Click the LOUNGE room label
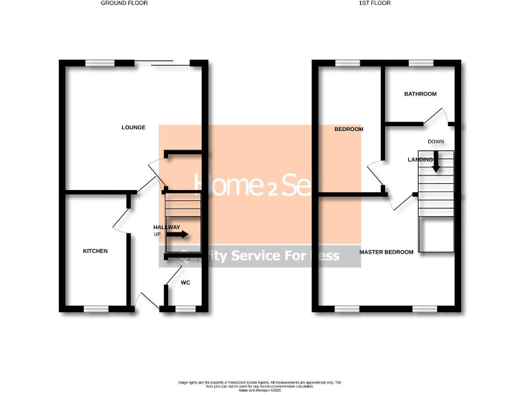tap(133, 127)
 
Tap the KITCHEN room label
tap(95, 251)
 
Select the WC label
tap(185, 283)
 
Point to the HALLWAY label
tap(167, 227)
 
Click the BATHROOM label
tap(420, 94)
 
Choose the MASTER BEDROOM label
tap(387, 252)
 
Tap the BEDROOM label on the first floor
tap(349, 129)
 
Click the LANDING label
tap(420, 160)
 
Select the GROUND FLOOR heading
tap(124, 3)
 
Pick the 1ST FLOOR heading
tap(375, 3)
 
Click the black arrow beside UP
tap(177, 235)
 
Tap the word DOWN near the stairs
tap(436, 142)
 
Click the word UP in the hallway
tap(157, 235)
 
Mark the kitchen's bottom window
tap(97, 309)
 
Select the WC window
tap(185, 309)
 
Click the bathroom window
tap(419, 63)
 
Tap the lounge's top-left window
tap(100, 63)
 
